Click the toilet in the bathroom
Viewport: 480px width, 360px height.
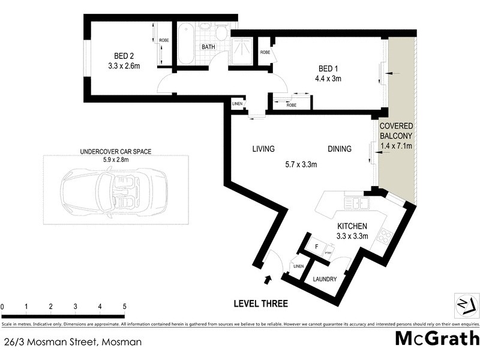click(220, 33)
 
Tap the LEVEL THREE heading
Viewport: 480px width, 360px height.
click(260, 304)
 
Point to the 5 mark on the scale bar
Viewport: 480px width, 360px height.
click(124, 307)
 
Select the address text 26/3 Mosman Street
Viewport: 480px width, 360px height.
click(73, 343)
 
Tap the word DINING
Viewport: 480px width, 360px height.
click(340, 149)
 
